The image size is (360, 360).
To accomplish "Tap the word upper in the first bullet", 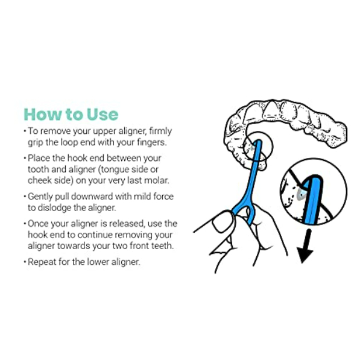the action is pos(104,132).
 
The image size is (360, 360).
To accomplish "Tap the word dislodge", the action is pos(54,208).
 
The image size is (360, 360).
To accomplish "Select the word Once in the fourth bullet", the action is pos(38,224).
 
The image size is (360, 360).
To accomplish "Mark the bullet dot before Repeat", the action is pos(25,262).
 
